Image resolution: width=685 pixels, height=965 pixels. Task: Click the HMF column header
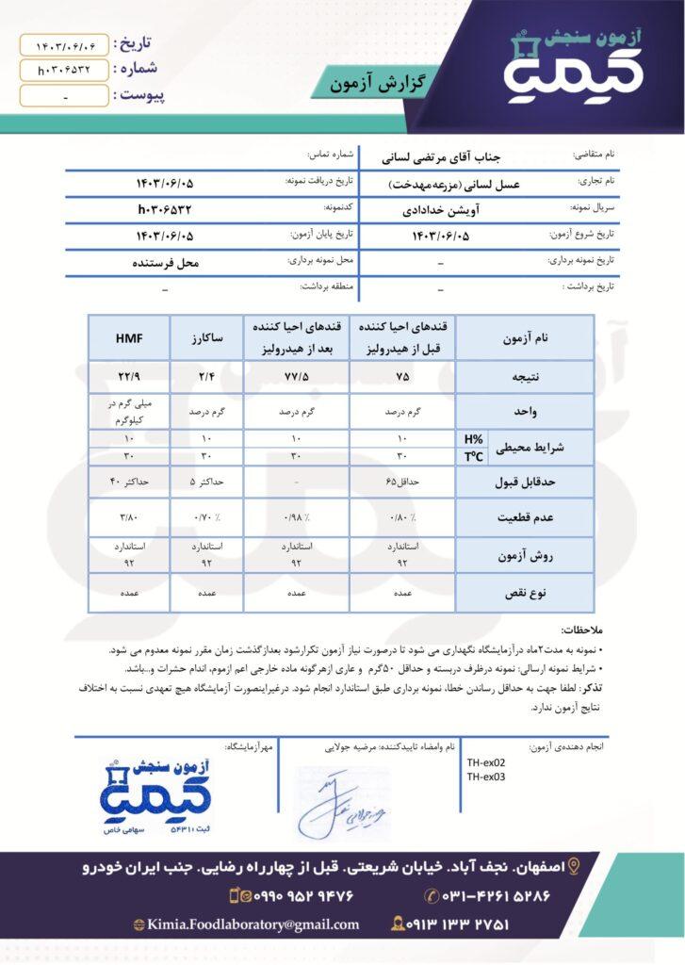(x=129, y=336)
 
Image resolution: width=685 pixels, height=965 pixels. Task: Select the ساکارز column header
(x=206, y=336)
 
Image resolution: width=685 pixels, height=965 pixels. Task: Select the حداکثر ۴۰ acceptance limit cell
(x=129, y=482)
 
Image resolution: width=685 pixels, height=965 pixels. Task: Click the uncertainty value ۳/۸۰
(x=129, y=518)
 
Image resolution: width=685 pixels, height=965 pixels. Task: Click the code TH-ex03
(x=486, y=777)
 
